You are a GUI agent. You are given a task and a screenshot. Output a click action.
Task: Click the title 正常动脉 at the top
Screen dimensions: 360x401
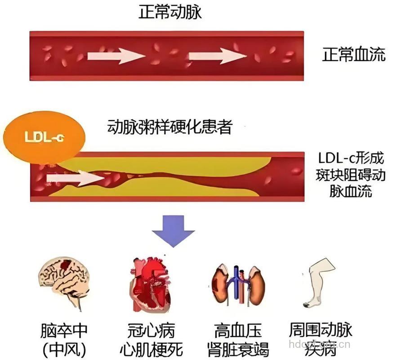pos(170,12)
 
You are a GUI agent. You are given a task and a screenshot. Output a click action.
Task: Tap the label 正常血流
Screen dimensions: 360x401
pos(354,55)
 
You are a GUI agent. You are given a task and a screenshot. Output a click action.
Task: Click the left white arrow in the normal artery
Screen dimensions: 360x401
pos(116,56)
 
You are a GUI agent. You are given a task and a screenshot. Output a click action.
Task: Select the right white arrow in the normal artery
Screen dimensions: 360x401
pos(217,56)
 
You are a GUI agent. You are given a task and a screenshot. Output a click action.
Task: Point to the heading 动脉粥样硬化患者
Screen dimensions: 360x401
pos(170,127)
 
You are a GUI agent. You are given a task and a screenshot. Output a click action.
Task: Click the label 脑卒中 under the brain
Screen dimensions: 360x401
pos(63,332)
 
